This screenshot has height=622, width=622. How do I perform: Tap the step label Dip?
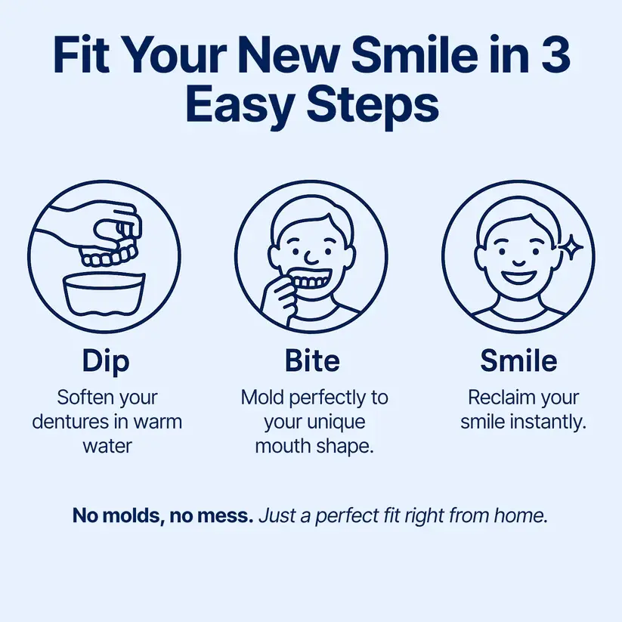pyautogui.click(x=106, y=361)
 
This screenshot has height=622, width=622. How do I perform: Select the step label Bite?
pyautogui.click(x=312, y=361)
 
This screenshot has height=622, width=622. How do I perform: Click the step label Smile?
pyautogui.click(x=518, y=361)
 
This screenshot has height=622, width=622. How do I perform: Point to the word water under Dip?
pyautogui.click(x=107, y=446)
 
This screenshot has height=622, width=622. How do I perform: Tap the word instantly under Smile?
pyautogui.click(x=549, y=422)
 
